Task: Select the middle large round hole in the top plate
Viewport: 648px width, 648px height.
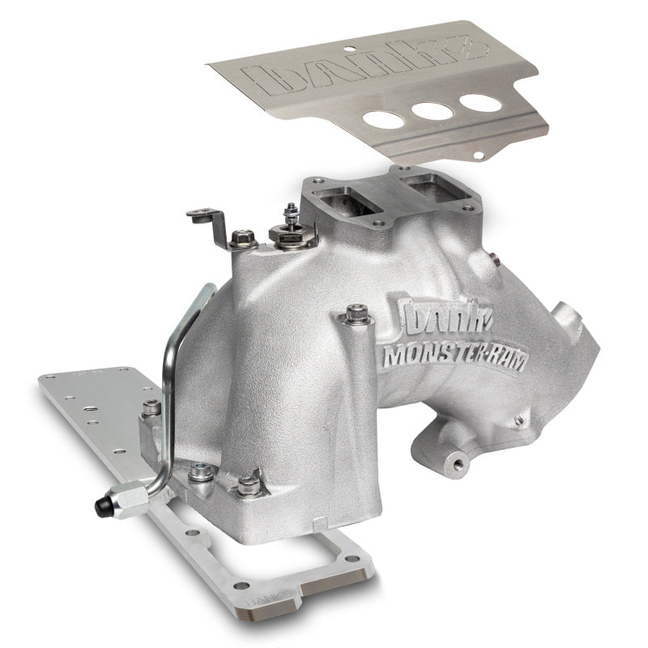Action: (432, 111)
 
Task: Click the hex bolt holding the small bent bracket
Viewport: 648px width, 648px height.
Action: (242, 239)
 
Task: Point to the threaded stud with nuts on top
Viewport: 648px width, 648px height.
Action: (289, 223)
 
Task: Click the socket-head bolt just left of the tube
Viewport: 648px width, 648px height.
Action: (151, 409)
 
